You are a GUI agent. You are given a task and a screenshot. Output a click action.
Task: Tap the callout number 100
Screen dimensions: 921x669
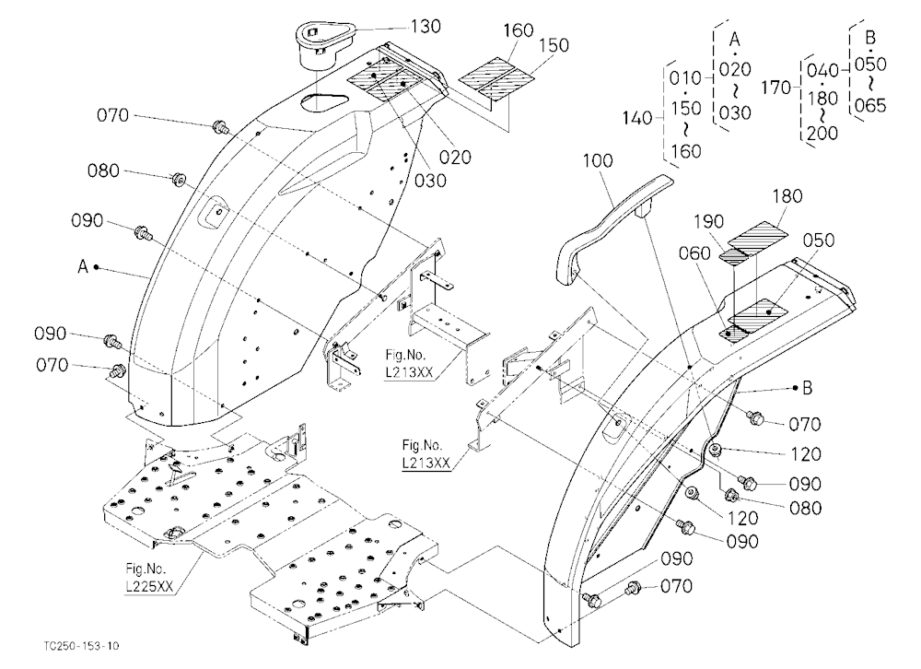coord(598,160)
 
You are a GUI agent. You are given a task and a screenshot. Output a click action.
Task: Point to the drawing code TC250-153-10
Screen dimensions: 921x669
coord(81,646)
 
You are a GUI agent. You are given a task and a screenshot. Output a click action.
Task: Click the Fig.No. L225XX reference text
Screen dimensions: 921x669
coord(146,577)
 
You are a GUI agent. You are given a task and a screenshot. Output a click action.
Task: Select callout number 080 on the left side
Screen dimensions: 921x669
coord(103,171)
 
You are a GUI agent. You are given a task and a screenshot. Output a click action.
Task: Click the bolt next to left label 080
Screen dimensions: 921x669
coord(177,180)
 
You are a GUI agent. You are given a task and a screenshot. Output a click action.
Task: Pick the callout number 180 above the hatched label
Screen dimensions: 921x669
coord(787,195)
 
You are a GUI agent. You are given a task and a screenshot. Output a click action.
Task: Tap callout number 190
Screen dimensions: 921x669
coord(709,222)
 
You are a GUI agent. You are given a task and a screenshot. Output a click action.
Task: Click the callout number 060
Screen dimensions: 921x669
coord(694,253)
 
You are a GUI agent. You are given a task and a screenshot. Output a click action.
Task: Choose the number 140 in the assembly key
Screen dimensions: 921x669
coord(638,118)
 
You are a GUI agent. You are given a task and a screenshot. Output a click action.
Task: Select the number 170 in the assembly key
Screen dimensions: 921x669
coord(776,88)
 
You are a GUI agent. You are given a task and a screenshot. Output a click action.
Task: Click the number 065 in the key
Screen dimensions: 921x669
coord(870,106)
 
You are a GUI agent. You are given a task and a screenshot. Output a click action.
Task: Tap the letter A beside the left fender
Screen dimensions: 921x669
coord(83,267)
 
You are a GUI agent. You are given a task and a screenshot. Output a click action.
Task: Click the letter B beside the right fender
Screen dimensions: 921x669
coord(807,388)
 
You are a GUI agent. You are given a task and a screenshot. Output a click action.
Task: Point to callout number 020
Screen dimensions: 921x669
coord(455,157)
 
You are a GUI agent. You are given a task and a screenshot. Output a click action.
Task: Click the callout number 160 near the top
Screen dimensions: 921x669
coord(519,30)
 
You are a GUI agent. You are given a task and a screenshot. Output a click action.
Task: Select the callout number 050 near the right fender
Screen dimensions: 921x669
coord(819,240)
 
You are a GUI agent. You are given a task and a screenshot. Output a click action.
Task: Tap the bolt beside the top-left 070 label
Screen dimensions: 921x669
coord(221,126)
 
